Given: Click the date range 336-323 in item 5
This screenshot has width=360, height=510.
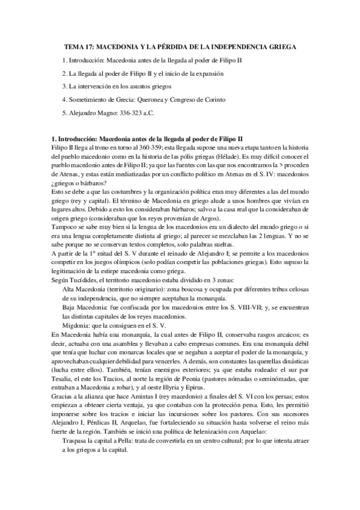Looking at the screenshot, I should click(128, 113).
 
